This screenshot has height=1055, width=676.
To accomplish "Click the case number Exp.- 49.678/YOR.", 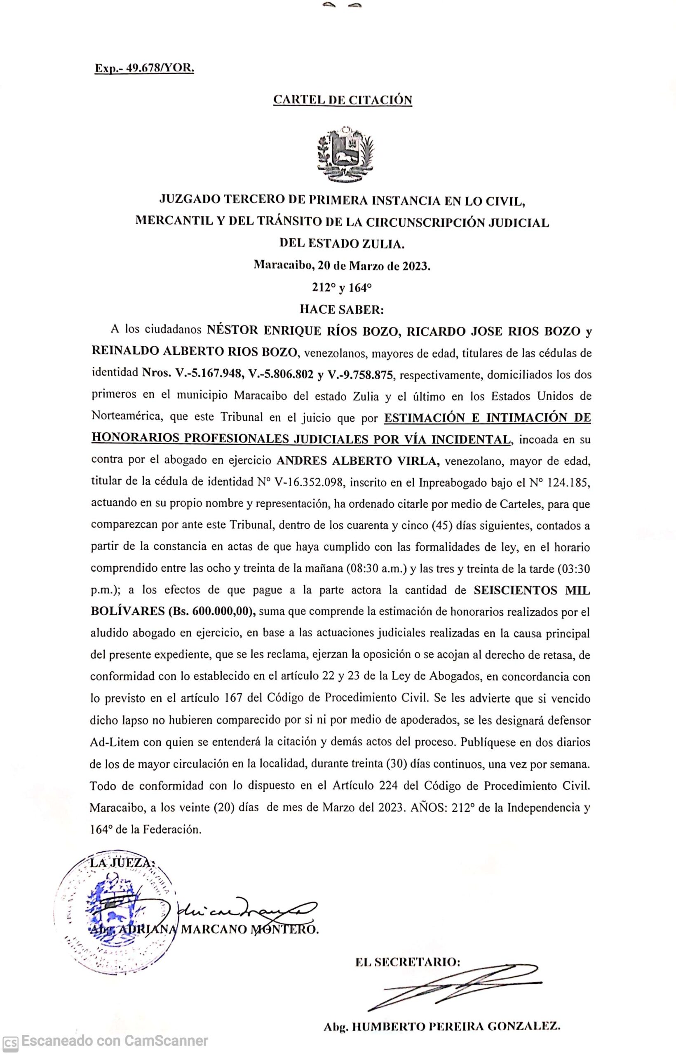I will [x=144, y=68].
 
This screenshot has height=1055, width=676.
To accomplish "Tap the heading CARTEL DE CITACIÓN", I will [x=343, y=100].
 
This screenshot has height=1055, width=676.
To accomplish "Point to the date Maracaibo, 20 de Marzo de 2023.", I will [x=343, y=265].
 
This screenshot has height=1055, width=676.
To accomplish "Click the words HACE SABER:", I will [x=342, y=309].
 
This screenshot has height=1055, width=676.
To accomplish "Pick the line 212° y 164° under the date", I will [x=342, y=288].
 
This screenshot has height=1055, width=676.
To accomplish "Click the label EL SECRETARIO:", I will [x=408, y=962].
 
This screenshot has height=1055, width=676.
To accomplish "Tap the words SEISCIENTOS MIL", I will [x=532, y=591].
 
